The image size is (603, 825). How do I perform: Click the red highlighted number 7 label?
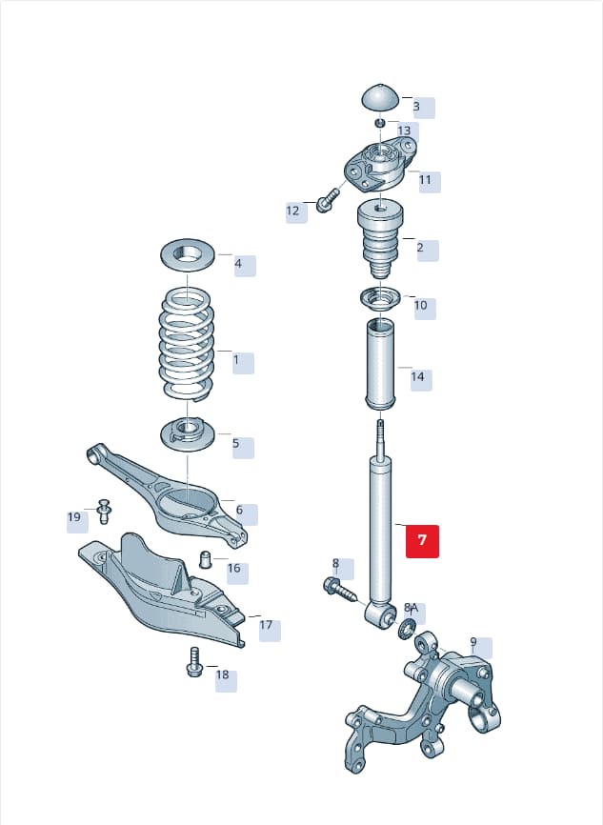422,541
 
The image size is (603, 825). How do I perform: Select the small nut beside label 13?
380,123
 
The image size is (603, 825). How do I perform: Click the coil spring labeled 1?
187,344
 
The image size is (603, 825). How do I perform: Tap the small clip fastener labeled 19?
104,511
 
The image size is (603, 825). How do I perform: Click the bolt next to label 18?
194,662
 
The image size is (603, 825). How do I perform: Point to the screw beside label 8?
339,591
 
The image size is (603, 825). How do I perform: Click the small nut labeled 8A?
407,628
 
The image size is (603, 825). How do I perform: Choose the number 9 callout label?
473,642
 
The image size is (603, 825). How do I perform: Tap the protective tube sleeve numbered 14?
381,364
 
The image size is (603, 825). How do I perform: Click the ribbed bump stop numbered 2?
380,239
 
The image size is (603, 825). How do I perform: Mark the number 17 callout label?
266,625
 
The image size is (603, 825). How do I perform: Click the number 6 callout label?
239,510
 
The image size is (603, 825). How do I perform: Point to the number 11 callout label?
425,180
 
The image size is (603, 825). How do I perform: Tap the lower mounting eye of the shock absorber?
380,613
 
